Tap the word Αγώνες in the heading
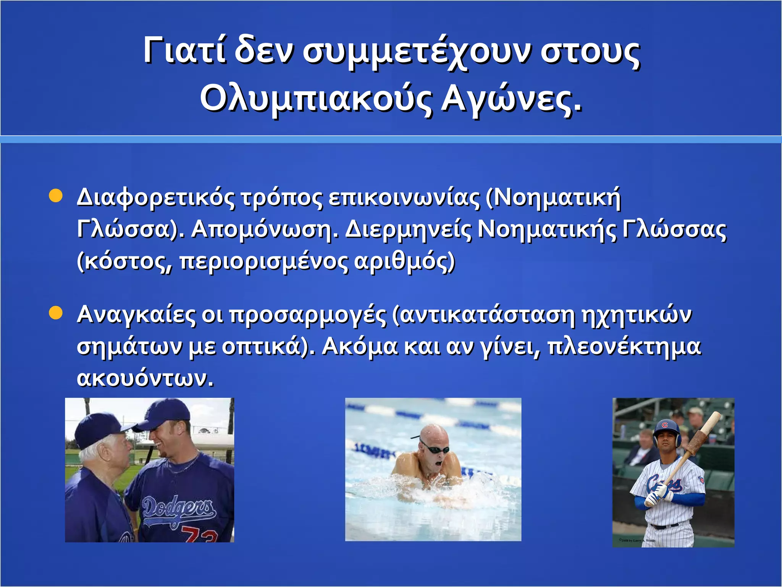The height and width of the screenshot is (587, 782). coord(512,98)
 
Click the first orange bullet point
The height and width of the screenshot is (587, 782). coord(56,196)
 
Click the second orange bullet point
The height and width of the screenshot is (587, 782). coord(56,313)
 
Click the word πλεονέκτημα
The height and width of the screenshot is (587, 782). coord(624,347)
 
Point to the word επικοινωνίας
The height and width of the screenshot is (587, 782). coord(404,198)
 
